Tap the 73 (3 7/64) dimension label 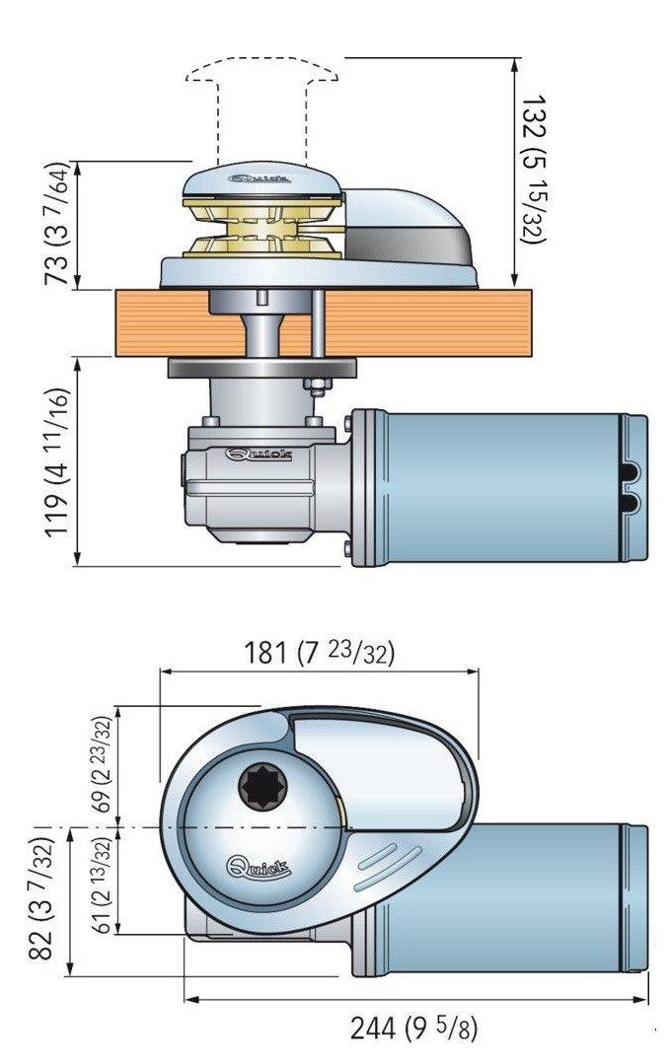tap(57, 223)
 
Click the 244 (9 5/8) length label tap(413, 1028)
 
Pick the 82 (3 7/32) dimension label tap(40, 898)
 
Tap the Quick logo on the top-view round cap tap(258, 867)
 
